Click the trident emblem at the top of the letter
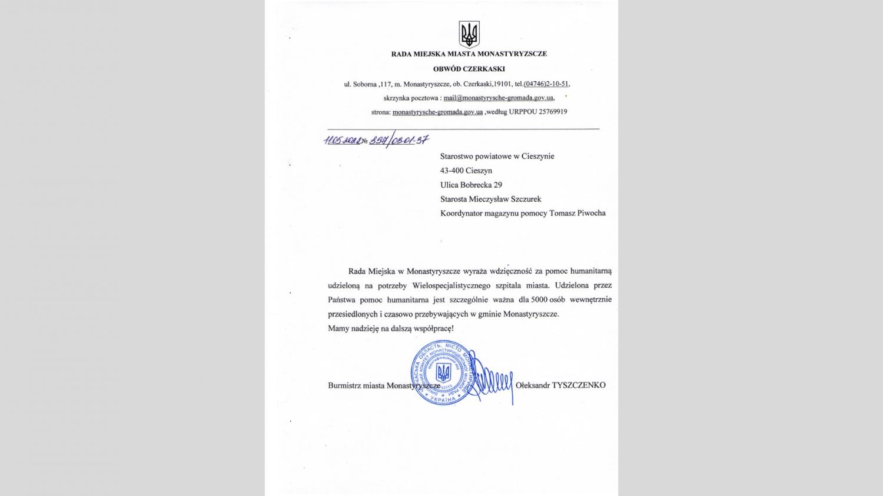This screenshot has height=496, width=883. (x=469, y=34)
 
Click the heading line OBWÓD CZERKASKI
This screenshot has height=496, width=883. (x=469, y=69)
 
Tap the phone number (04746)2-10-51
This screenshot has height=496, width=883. (x=546, y=84)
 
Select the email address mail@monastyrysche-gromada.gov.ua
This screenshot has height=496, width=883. (x=498, y=98)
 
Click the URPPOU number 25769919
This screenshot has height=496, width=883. (x=553, y=112)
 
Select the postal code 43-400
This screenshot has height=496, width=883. (x=452, y=171)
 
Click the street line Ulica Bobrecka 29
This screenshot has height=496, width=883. (x=471, y=185)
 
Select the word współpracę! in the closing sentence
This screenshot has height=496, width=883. (x=434, y=328)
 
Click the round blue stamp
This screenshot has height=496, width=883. (x=443, y=373)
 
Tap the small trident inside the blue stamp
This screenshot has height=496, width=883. (x=443, y=372)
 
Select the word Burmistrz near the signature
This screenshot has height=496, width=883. (x=344, y=385)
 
